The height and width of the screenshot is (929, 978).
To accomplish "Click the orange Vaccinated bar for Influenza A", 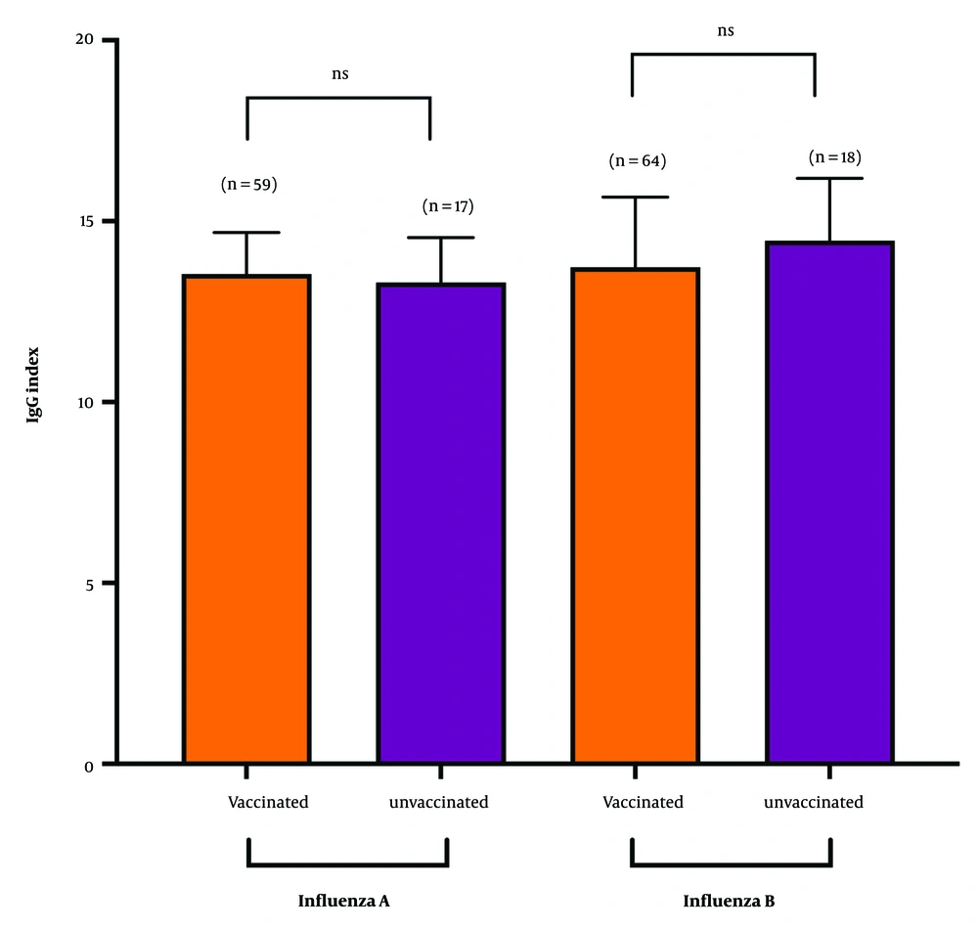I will click(x=246, y=518).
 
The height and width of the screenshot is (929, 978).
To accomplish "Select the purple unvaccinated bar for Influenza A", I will click(x=441, y=523).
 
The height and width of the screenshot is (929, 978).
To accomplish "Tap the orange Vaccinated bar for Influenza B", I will click(x=635, y=515).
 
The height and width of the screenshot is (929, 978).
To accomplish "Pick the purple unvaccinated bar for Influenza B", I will click(x=829, y=502).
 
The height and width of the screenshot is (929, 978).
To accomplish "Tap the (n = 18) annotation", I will click(x=835, y=157).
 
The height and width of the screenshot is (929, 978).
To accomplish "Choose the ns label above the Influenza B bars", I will click(x=725, y=30).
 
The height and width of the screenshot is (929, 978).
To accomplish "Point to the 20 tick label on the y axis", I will click(x=85, y=40).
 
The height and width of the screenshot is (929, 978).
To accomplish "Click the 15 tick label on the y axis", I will click(x=85, y=221).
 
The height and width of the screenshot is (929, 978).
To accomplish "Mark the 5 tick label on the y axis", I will click(x=89, y=584).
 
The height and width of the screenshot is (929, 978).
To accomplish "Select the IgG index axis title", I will click(x=34, y=403).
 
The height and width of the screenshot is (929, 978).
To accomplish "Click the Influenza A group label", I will click(x=344, y=900).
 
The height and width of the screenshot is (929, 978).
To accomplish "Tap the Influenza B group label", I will click(x=729, y=900).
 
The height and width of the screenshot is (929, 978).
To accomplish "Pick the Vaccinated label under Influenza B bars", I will click(x=643, y=803).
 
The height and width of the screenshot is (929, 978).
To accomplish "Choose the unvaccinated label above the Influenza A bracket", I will click(x=438, y=803).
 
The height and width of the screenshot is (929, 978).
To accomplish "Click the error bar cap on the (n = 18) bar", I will click(x=829, y=179).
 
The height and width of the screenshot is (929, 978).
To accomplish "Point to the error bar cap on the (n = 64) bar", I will click(x=635, y=198).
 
